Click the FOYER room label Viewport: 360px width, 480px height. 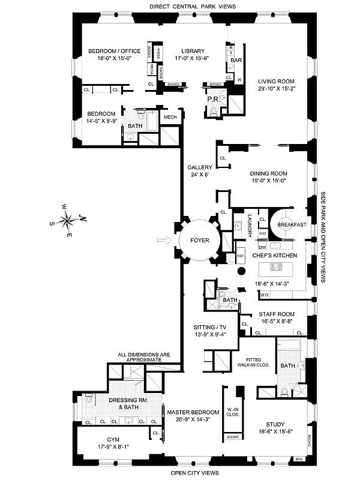tap(200, 240)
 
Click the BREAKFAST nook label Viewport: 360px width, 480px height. tap(292, 224)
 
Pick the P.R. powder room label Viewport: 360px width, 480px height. tap(212, 99)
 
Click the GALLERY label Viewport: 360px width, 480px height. tap(197, 167)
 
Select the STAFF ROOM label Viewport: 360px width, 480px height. tap(276, 314)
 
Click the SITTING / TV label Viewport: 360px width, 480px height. tap(209, 327)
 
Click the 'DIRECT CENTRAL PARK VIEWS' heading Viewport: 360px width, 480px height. tap(184, 6)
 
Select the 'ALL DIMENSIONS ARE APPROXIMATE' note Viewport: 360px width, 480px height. tap(140, 356)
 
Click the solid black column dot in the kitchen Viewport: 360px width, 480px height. tap(241, 272)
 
